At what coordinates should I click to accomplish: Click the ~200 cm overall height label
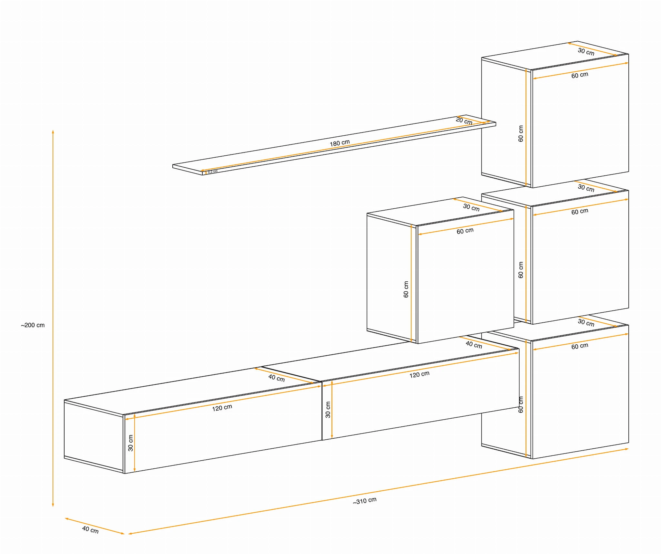(33, 325)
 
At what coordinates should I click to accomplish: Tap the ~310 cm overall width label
(365, 501)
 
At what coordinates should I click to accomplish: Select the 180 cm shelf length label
(340, 143)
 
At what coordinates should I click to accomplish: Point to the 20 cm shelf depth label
(464, 121)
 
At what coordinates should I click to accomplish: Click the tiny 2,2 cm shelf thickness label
(213, 172)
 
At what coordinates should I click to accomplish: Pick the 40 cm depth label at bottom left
(90, 530)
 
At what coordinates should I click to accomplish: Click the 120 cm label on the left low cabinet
(222, 408)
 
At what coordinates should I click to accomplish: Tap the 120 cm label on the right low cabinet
(420, 374)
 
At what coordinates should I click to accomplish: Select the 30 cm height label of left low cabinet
(130, 443)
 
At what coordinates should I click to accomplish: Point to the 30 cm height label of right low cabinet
(328, 410)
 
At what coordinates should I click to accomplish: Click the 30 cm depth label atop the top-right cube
(586, 52)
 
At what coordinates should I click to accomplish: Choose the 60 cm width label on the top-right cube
(580, 75)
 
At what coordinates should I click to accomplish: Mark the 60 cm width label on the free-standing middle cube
(465, 231)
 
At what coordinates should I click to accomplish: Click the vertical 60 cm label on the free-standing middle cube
(406, 289)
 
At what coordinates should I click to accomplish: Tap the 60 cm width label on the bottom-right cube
(580, 346)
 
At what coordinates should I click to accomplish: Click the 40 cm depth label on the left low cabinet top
(277, 378)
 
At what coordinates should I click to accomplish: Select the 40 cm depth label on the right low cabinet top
(474, 345)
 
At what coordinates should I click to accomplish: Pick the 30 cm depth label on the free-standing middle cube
(471, 207)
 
